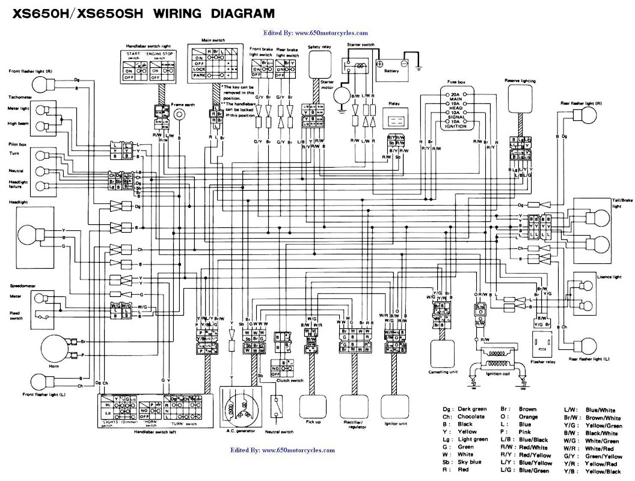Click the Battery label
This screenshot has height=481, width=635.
[391, 71]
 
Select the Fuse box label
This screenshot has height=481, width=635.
[456, 81]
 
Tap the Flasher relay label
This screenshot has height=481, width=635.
[542, 363]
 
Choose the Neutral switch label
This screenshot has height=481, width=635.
[279, 432]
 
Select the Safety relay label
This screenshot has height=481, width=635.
[319, 46]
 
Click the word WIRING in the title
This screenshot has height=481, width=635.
[182, 13]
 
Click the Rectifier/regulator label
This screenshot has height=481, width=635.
[355, 425]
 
